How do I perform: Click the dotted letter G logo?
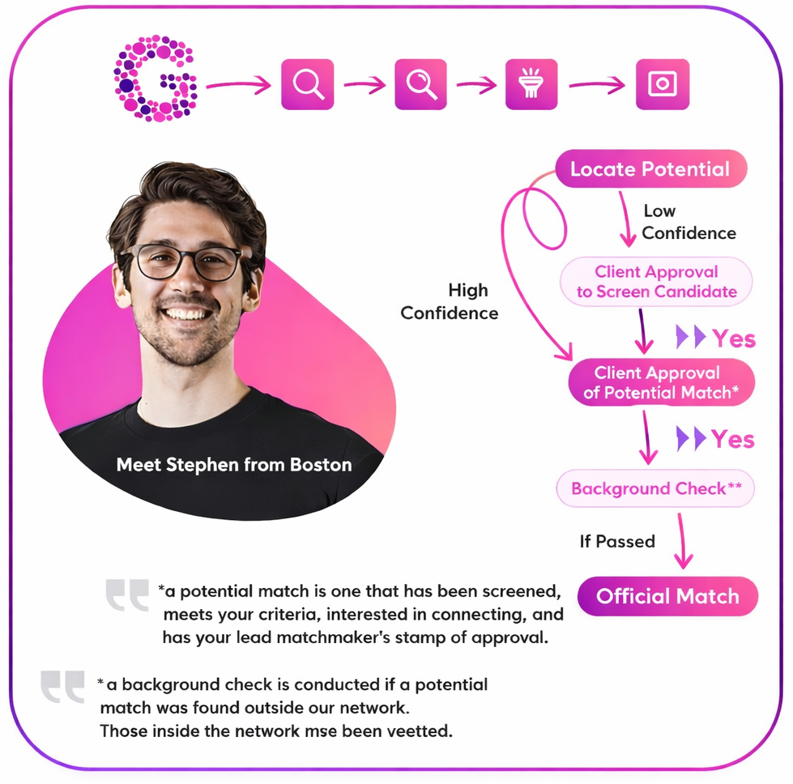[x=156, y=79]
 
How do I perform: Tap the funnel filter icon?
[x=532, y=83]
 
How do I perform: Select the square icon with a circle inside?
[x=663, y=83]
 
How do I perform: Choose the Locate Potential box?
[x=650, y=169]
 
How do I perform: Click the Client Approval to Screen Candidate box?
[x=656, y=282]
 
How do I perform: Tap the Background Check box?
[x=655, y=489]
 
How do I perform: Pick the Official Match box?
[x=667, y=597]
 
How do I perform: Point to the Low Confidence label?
[x=689, y=222]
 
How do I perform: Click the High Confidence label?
[x=450, y=301]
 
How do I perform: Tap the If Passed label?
[x=617, y=541]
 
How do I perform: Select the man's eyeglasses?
[x=181, y=262]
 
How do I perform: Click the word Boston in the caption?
[x=322, y=465]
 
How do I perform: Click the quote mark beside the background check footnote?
[x=63, y=687]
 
